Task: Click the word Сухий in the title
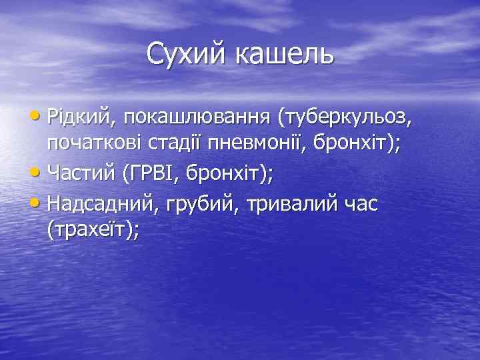186,54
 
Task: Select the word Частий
82,175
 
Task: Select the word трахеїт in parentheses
91,232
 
